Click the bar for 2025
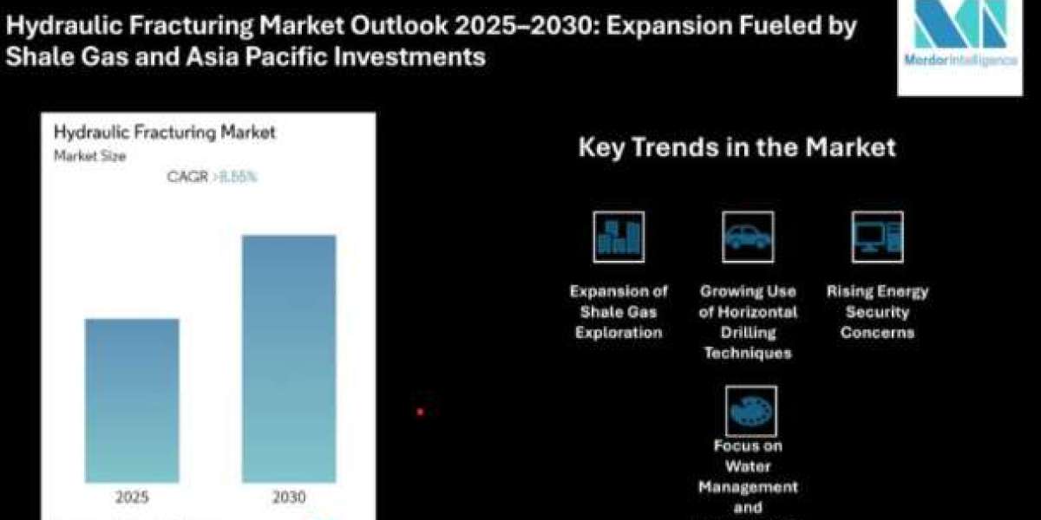[x=132, y=400]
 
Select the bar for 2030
[x=289, y=359]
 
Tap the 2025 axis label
[x=132, y=497]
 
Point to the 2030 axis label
[x=289, y=497]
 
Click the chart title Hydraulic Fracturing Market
[x=165, y=133]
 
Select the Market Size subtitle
[x=89, y=157]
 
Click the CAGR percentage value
[x=239, y=177]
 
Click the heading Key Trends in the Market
[x=737, y=147]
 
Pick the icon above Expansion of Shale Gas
[x=619, y=237]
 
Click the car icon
[x=748, y=237]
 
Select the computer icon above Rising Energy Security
[x=877, y=237]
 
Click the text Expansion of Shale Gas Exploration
[x=619, y=312]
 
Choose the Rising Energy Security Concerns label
[x=877, y=312]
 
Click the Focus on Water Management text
[x=748, y=476]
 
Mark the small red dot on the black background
[x=420, y=412]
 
